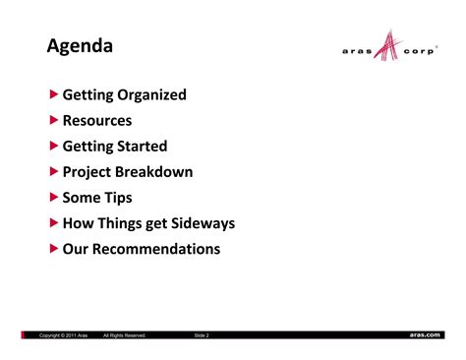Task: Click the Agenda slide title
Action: tap(80, 46)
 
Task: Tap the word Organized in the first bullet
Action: tap(153, 95)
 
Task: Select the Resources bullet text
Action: tap(97, 121)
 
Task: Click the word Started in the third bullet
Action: tap(143, 147)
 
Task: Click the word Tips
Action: tap(117, 198)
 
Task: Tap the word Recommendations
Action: tap(157, 249)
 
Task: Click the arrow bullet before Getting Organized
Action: tap(54, 95)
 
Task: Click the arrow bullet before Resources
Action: tap(54, 121)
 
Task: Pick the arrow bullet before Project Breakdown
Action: tap(54, 172)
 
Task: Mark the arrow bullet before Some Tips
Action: tap(54, 198)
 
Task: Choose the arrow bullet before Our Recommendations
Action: tap(54, 249)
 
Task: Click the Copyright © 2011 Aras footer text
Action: tap(64, 335)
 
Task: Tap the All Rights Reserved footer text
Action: tap(125, 335)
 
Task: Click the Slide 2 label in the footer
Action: tap(202, 335)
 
